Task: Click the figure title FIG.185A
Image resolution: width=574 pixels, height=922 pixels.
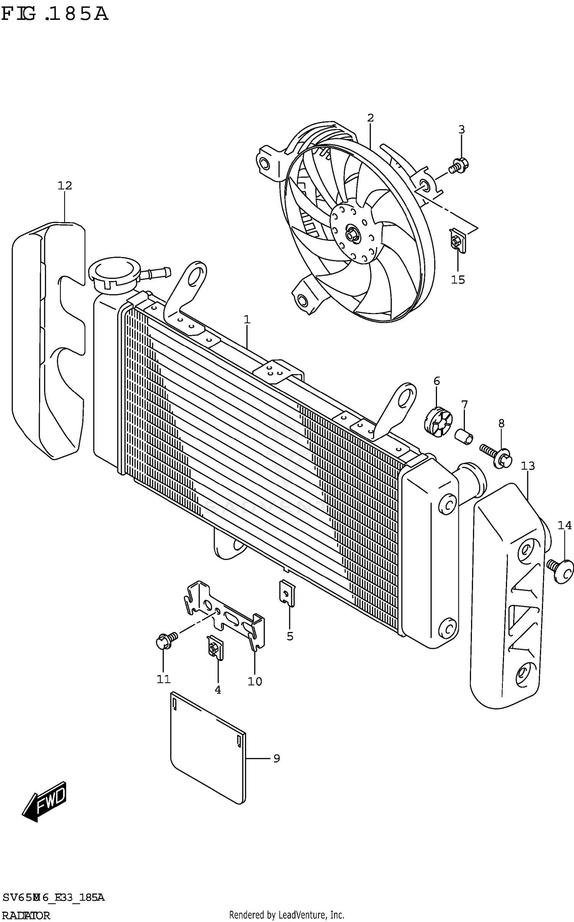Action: (55, 15)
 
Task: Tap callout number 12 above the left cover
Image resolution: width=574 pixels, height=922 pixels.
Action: (65, 186)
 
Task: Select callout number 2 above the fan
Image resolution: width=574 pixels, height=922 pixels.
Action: (370, 118)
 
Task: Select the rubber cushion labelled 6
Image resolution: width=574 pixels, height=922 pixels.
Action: (438, 423)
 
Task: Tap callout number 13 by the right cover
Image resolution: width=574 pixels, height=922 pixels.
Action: (527, 466)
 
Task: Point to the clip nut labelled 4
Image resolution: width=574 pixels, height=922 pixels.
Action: (215, 647)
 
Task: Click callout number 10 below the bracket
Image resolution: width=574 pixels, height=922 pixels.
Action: (254, 681)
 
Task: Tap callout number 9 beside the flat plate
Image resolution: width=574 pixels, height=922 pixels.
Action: (276, 758)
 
